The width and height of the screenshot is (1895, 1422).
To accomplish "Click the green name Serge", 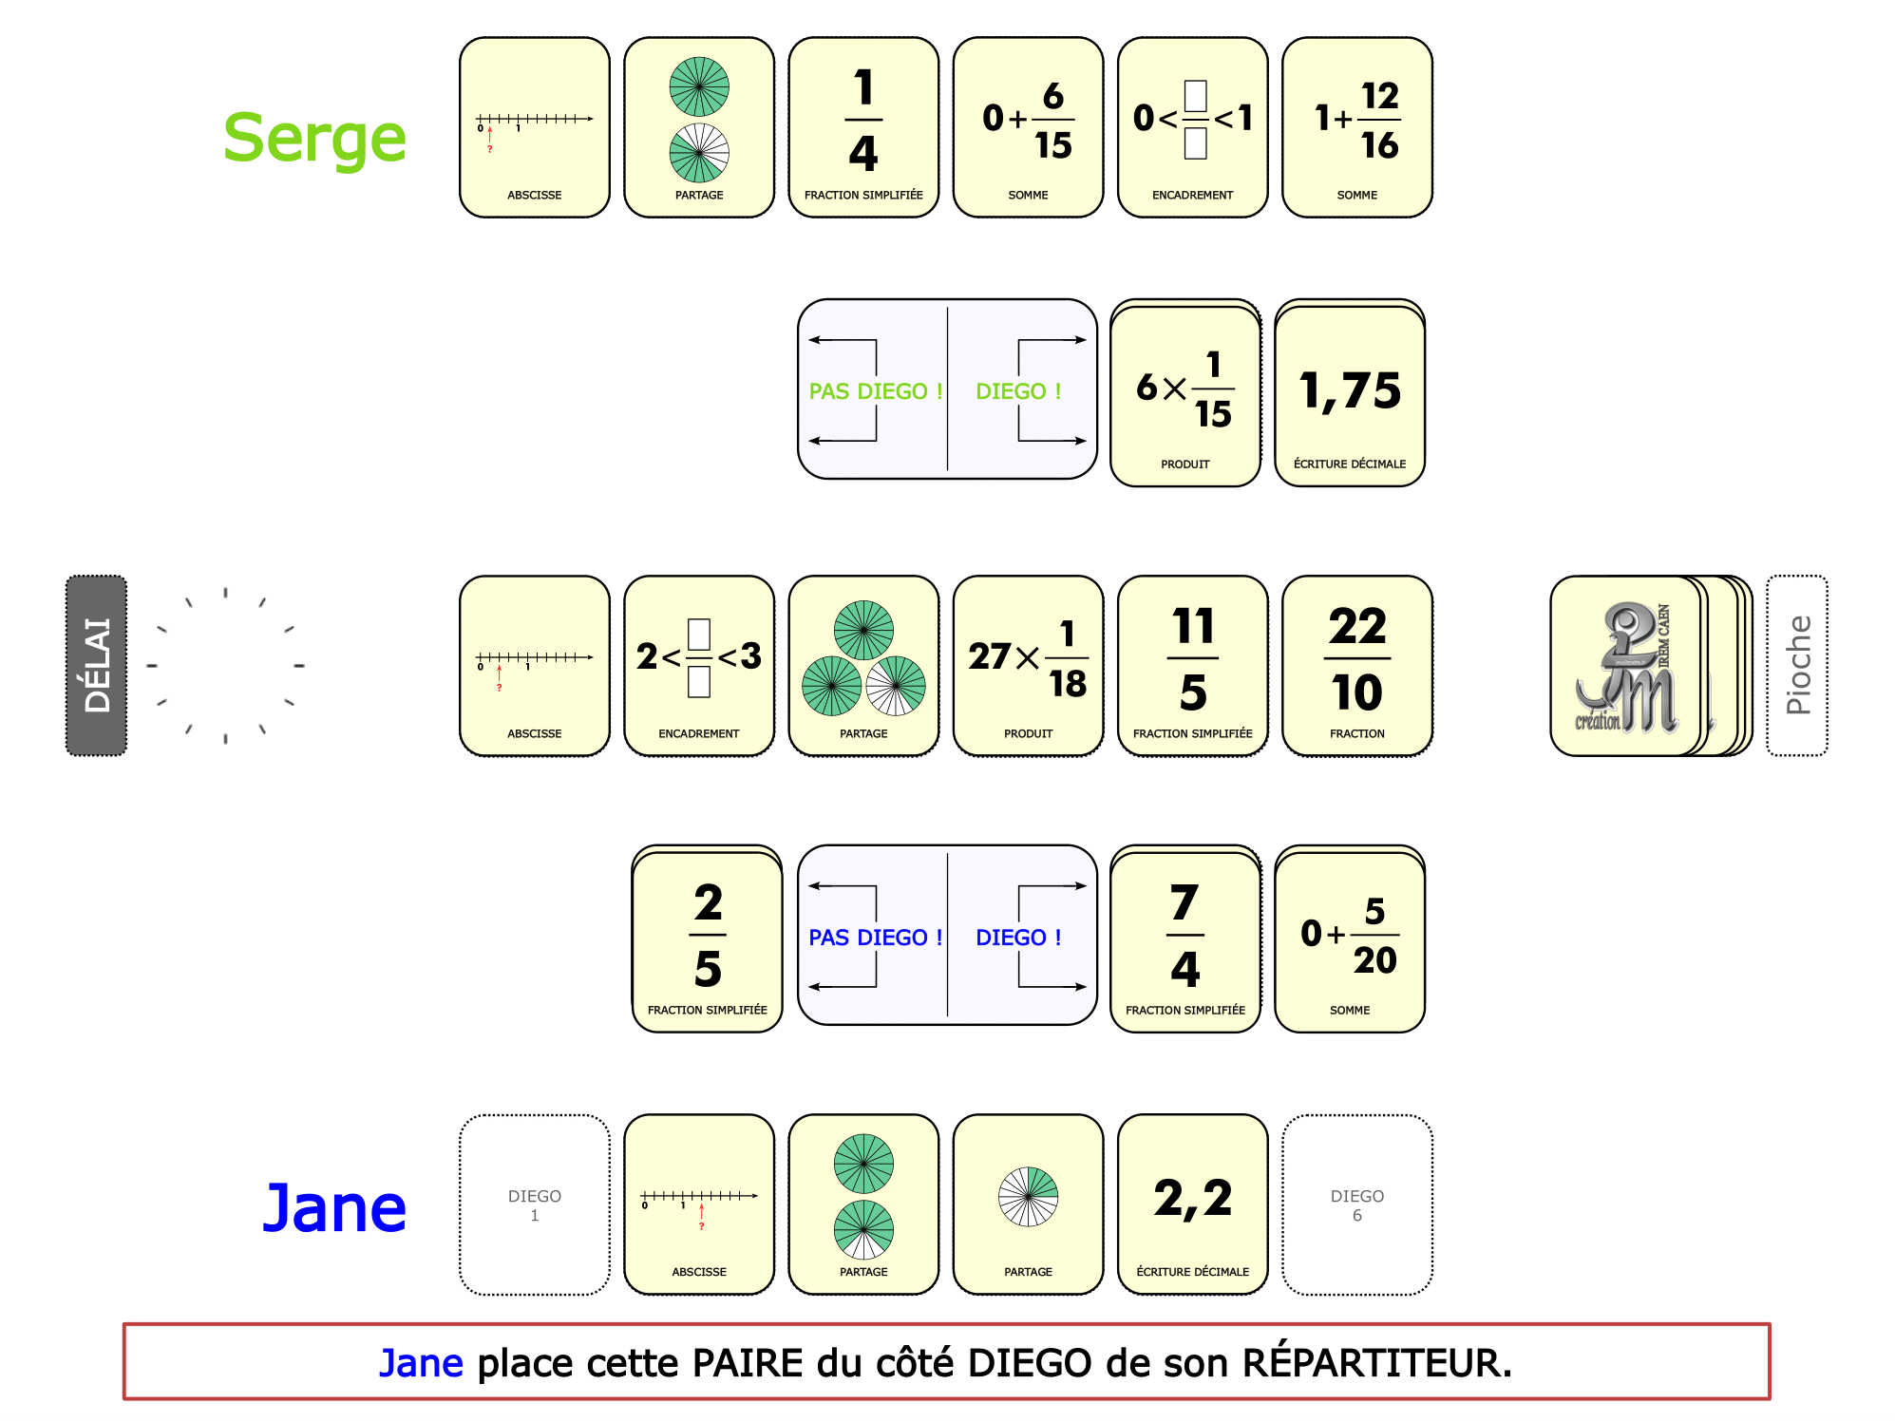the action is coord(314,139).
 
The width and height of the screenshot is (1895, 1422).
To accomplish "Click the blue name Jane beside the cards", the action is coord(334,1208).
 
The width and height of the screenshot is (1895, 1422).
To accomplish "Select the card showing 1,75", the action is coord(1350,393).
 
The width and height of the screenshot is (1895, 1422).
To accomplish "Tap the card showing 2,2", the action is coord(1193,1204).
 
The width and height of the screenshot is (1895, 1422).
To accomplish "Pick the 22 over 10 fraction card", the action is coord(1357,665).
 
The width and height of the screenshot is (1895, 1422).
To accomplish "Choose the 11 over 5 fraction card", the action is coord(1193,665).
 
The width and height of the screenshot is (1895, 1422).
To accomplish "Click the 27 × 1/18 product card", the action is coord(1029,665).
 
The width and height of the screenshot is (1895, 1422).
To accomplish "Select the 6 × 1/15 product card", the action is coord(1185,393).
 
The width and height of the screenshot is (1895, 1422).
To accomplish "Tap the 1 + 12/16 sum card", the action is coord(1357,127).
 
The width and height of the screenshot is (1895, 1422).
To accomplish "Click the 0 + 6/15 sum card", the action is coord(1029,127).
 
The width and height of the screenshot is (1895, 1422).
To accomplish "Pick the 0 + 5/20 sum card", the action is coord(1350,939).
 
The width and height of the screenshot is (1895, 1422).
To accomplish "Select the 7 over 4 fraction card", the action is coord(1185,939).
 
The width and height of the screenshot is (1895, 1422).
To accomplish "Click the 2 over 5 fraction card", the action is coord(708,939).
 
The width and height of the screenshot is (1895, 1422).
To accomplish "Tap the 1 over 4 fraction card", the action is coord(863,127).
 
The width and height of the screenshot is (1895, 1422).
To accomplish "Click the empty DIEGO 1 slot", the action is coord(535,1204).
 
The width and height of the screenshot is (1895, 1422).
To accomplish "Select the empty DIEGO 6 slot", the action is coord(1357,1204).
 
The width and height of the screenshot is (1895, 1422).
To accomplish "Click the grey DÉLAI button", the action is coord(96,665).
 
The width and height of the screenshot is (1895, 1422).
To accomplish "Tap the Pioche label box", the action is coord(1797,665).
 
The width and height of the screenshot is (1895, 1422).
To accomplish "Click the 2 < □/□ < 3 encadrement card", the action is coord(699,665).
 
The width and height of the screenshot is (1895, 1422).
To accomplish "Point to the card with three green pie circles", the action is coord(863,665).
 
